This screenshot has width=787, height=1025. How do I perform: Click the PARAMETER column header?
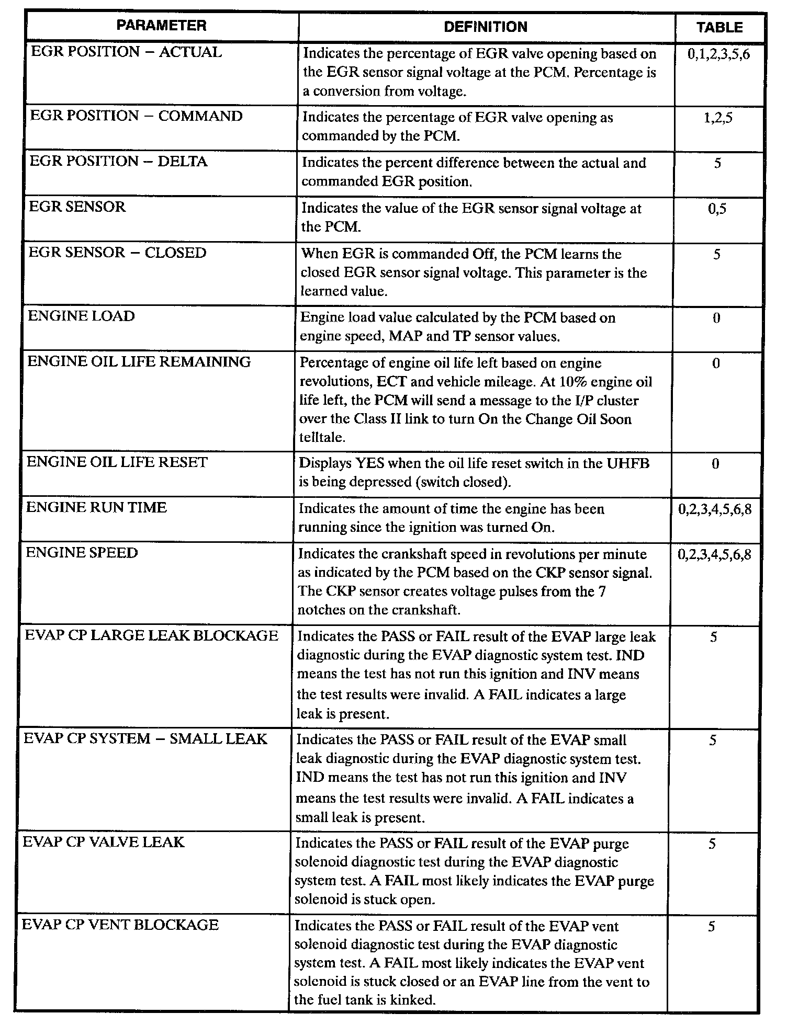(161, 26)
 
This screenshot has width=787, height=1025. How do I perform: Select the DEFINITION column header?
(486, 27)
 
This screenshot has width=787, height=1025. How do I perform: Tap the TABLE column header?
(719, 27)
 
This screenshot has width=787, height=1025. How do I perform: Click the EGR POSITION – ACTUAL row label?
(126, 52)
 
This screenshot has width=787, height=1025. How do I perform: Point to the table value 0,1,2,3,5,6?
(719, 54)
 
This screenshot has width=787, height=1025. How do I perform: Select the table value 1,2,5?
(718, 118)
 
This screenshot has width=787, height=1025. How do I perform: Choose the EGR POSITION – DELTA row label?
(118, 161)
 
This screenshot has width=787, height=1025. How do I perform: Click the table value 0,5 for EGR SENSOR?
(717, 209)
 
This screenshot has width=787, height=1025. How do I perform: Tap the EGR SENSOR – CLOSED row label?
(117, 253)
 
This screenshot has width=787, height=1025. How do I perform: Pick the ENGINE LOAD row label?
(81, 316)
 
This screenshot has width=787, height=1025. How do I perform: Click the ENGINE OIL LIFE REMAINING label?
(139, 361)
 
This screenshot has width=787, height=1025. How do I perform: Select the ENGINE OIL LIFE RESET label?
(117, 462)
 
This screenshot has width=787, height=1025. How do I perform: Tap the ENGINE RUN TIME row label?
(96, 507)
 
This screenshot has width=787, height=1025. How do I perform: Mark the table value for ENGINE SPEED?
(714, 554)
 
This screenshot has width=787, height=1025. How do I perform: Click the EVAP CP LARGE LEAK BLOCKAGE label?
(151, 635)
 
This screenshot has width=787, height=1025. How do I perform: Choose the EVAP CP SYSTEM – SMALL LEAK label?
(145, 738)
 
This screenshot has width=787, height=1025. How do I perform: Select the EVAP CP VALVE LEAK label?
(104, 842)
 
